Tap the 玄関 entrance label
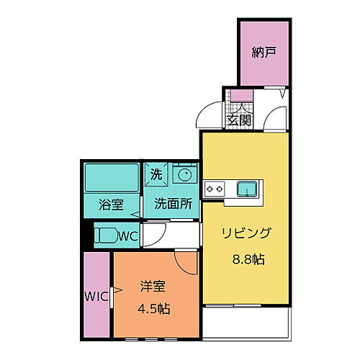(x=239, y=120)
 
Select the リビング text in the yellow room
(x=247, y=233)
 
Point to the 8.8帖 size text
(x=247, y=258)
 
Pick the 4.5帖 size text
(x=153, y=310)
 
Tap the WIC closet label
(x=95, y=295)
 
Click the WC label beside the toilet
(x=127, y=235)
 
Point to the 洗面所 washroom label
(x=173, y=204)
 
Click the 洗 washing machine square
(x=156, y=174)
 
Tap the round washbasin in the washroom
(x=184, y=174)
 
